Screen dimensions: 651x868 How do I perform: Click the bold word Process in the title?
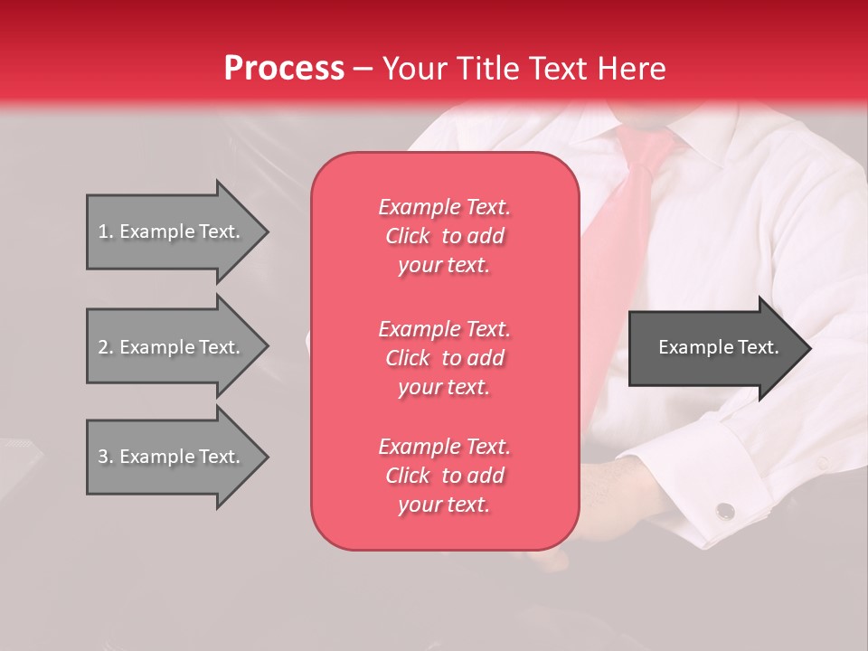click(283, 69)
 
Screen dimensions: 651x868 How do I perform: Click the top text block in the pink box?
click(444, 236)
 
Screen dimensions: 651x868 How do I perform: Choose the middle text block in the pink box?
click(444, 358)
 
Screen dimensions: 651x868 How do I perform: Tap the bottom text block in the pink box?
click(444, 476)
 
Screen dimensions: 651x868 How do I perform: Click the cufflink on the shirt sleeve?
click(725, 511)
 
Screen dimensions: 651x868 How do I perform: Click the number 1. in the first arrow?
click(106, 231)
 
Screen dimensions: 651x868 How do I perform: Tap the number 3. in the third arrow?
click(106, 457)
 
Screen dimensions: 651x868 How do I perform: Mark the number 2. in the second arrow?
click(106, 347)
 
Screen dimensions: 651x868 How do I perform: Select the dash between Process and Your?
click(363, 70)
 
